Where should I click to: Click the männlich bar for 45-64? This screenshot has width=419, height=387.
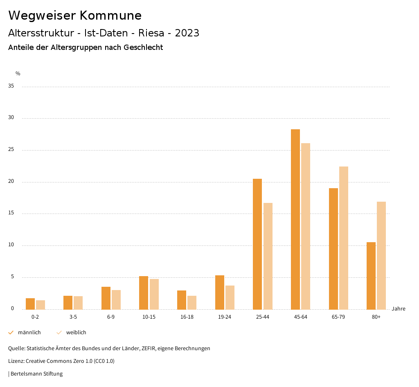point(295,219)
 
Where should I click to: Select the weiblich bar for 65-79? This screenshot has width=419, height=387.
point(344,238)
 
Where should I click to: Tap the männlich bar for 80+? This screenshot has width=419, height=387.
point(371,276)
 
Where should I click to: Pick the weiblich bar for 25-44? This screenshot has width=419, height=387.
point(268,256)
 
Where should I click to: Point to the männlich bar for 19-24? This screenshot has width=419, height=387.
point(220,292)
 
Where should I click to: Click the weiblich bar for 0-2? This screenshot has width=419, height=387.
point(41,305)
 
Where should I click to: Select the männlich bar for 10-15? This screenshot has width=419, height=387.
point(144,292)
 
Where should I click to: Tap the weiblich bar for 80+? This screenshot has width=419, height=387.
point(381,255)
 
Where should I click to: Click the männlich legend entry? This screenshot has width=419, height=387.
point(29,333)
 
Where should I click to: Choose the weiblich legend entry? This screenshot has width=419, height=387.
point(76,333)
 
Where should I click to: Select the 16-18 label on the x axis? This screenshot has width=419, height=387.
point(187,317)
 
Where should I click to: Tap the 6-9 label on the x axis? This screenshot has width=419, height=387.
point(111,317)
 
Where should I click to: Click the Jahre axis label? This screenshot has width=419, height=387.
point(398,309)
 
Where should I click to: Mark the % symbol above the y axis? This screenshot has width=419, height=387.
point(18,74)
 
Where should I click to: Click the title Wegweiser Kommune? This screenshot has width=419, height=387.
point(75,16)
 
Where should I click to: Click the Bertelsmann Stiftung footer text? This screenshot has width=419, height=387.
point(36,374)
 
